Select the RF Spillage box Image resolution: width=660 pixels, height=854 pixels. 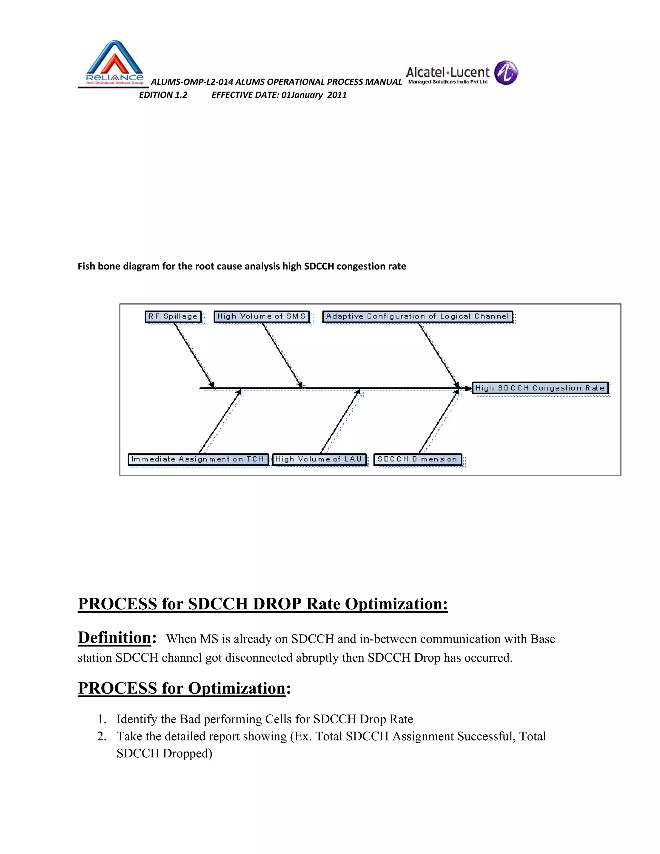(173, 316)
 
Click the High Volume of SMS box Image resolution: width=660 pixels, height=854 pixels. (261, 316)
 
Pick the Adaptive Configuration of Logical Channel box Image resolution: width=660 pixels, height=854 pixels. (418, 316)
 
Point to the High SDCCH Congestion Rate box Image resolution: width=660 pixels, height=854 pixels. (540, 388)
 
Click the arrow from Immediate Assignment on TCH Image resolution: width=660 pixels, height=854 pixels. (220, 421)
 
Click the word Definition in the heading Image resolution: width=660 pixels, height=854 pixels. (114, 637)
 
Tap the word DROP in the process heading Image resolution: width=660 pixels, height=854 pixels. (277, 604)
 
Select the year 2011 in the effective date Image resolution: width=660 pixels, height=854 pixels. (337, 95)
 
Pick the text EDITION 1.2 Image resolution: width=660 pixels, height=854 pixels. (163, 95)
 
